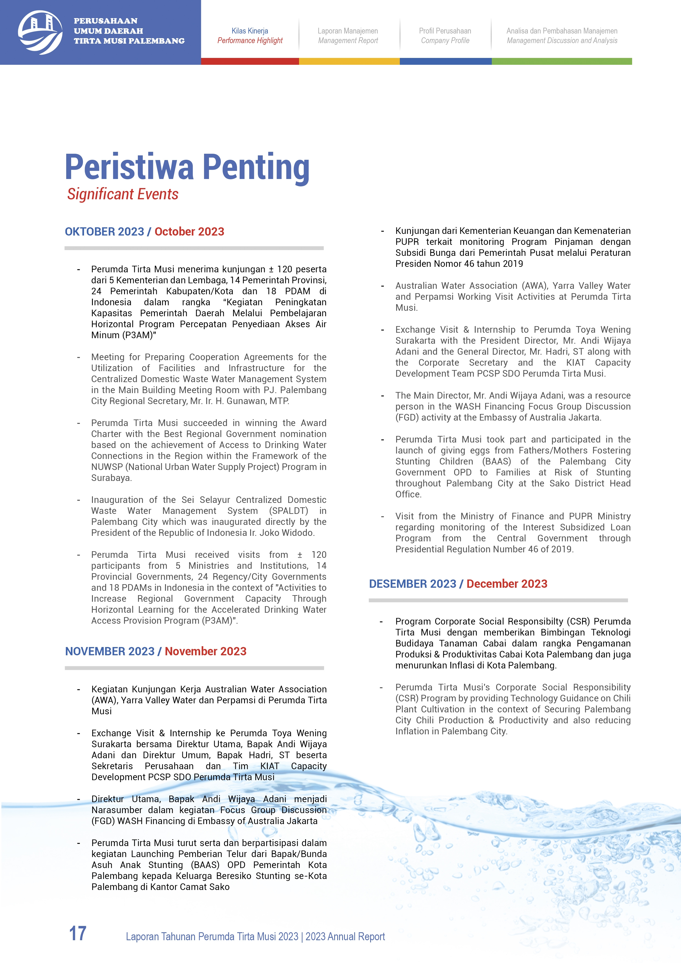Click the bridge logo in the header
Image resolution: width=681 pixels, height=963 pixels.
click(x=40, y=32)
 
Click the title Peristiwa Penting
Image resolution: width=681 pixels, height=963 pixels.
click(x=187, y=167)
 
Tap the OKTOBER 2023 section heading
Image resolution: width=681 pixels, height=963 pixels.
click(x=104, y=231)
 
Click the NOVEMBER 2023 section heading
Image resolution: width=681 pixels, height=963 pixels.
click(x=110, y=651)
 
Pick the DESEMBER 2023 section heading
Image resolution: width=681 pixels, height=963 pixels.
click(x=412, y=584)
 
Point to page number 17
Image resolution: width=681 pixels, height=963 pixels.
click(x=78, y=934)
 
